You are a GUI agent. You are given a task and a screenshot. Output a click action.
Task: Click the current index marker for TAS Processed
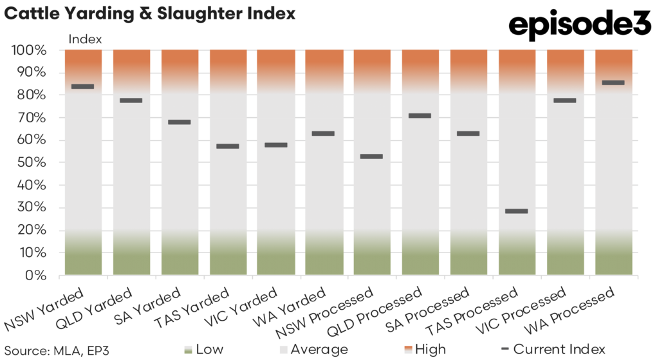click(517, 211)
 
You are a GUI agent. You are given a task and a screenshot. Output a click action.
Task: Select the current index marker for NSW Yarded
click(83, 86)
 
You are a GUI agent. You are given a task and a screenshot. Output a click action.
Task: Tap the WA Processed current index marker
click(613, 82)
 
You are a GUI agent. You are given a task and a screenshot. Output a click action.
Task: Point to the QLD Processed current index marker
click(420, 116)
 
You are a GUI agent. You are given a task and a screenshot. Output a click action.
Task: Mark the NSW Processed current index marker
click(372, 156)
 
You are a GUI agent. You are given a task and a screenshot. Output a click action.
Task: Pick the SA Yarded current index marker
click(180, 122)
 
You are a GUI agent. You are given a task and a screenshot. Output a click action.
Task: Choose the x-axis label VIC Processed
click(532, 316)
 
